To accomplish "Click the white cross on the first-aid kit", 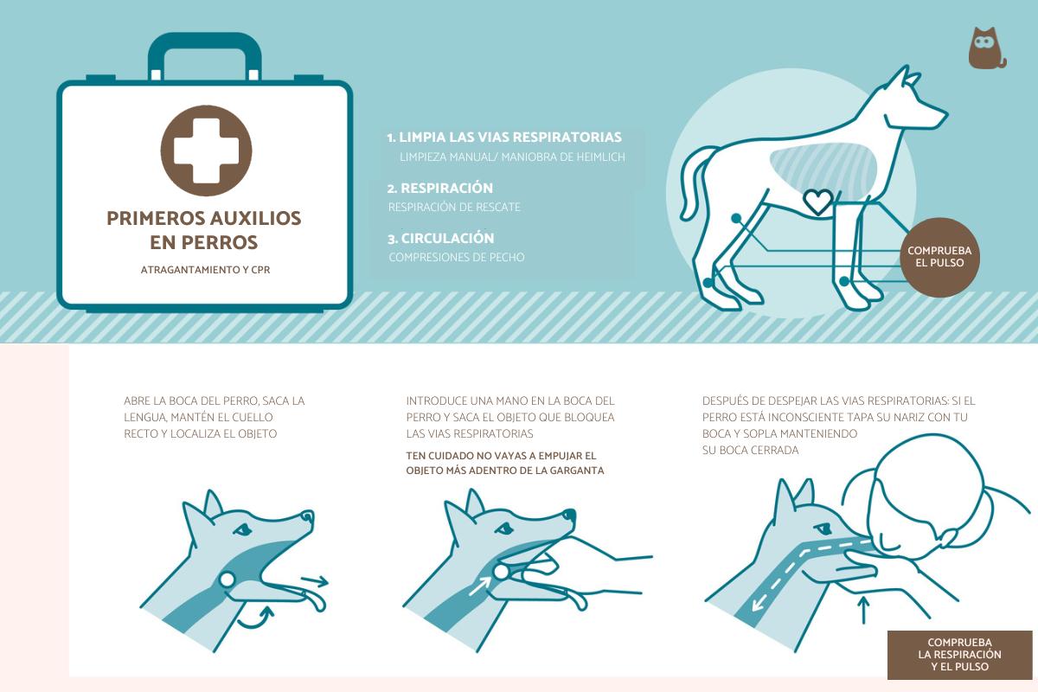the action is (x=206, y=151).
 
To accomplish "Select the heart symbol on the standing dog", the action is (x=818, y=202).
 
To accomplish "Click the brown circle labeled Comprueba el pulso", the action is (x=939, y=257).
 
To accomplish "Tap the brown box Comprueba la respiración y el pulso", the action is (x=959, y=655).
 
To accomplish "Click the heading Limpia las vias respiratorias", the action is (x=510, y=138).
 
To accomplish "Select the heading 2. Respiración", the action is (x=440, y=189).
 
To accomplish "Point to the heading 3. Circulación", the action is (x=440, y=238).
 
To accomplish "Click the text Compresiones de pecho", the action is (x=457, y=257).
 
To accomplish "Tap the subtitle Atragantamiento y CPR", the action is (x=205, y=270).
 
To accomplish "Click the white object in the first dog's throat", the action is (x=227, y=580).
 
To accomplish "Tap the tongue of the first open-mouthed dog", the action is (x=315, y=600).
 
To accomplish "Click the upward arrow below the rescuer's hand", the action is (x=863, y=610).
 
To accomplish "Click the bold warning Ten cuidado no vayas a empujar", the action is (x=501, y=456).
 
